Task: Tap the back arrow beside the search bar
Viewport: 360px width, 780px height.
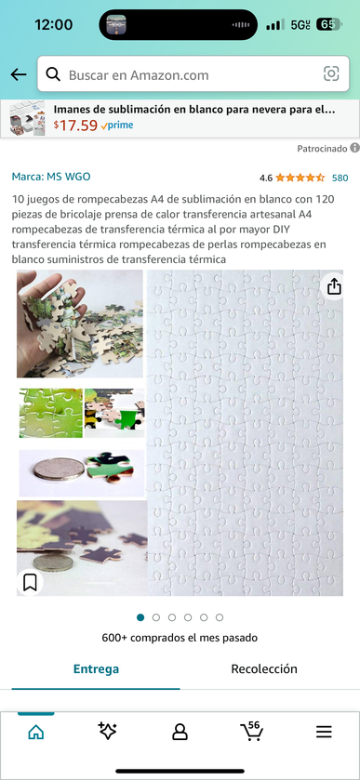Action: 19,74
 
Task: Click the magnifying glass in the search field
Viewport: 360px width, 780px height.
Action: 53,74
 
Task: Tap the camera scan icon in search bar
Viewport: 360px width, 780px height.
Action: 331,74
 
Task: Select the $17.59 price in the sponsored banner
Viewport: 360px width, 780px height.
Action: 75,126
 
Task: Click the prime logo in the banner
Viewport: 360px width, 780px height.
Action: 117,126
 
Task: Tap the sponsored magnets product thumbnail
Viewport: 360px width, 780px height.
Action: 27,119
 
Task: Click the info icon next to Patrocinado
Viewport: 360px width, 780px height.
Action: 354,148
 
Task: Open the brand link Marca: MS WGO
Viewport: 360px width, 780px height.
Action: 51,177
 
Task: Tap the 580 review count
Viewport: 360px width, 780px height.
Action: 340,178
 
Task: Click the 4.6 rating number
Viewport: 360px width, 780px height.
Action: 266,178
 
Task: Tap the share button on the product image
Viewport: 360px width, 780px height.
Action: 334,286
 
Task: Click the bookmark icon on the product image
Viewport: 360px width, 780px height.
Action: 30,583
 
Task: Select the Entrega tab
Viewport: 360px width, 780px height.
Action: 96,668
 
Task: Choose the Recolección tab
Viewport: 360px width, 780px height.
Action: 264,668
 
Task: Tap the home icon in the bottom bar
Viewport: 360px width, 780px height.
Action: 36,732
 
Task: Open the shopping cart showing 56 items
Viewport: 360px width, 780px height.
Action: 251,731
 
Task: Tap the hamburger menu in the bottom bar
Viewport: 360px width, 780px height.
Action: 324,732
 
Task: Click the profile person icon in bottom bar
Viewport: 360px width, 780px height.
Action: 180,732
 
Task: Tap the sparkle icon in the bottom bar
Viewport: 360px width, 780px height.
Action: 108,731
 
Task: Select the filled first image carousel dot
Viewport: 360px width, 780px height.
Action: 140,617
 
